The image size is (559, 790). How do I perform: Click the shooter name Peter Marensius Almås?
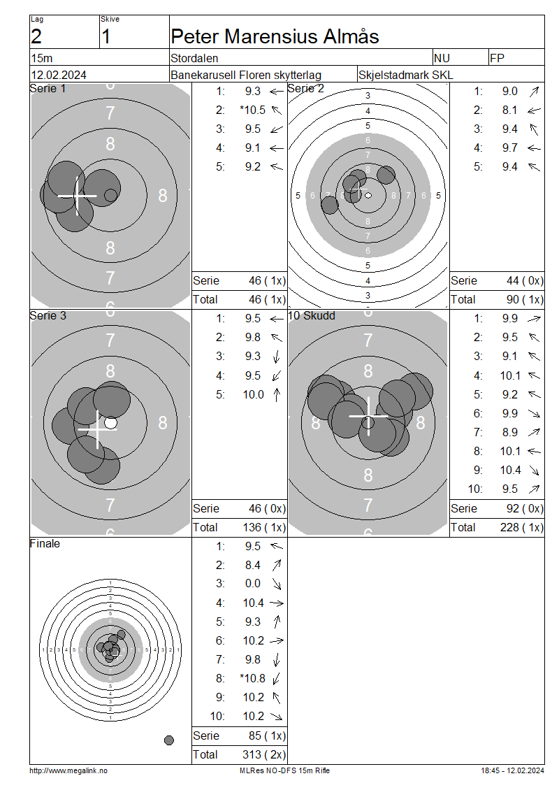(x=275, y=36)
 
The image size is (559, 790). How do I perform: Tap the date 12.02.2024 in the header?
(x=59, y=75)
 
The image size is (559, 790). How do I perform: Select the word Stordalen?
(x=194, y=59)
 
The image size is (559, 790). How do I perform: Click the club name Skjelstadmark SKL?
(x=405, y=75)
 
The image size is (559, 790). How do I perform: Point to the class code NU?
(x=442, y=59)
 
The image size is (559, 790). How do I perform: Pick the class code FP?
(x=497, y=59)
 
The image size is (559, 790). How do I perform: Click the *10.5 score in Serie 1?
(x=252, y=110)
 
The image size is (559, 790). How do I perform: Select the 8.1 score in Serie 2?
(x=509, y=110)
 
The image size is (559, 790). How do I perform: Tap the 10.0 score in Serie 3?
(x=254, y=394)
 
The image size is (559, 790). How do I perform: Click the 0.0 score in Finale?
(x=253, y=584)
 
